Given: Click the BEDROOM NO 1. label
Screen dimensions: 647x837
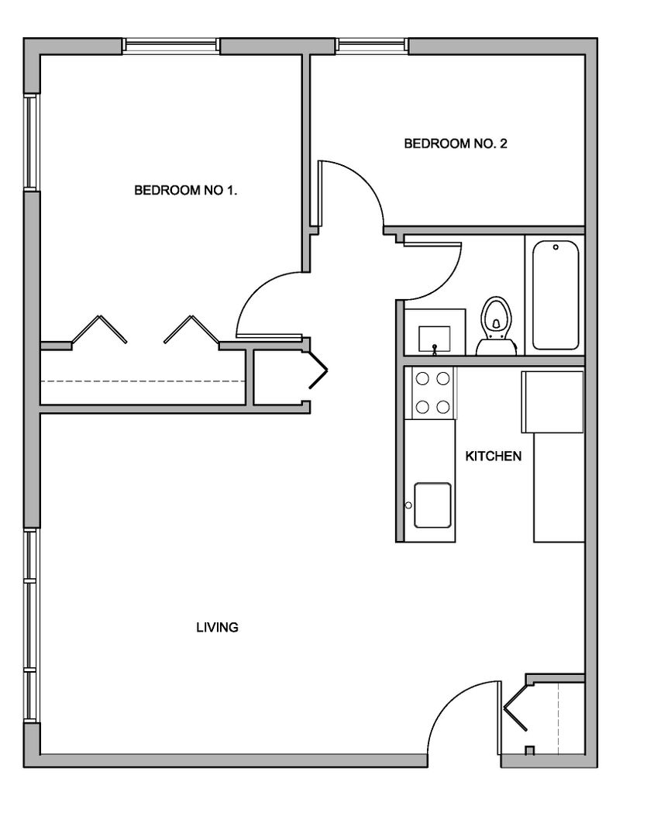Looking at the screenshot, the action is coord(185,190).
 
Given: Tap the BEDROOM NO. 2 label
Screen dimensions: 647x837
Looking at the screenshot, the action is coord(456,143).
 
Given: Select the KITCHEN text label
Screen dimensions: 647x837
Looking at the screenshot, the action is coord(494,456).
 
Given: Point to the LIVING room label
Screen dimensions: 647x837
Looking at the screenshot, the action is coord(217,627).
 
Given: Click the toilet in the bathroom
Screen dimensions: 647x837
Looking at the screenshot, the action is coord(497,327).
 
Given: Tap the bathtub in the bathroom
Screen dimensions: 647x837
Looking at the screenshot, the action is coord(556,294).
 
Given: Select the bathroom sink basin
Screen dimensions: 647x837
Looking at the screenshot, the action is coord(435,339).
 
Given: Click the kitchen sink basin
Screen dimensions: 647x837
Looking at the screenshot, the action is coord(432,505).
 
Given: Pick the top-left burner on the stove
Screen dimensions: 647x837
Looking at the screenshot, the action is coord(422,379).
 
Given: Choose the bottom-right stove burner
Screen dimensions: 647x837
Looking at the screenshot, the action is coord(443,408).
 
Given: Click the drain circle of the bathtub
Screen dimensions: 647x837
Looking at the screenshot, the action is coord(556,247).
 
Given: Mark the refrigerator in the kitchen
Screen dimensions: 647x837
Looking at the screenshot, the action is coord(552,402).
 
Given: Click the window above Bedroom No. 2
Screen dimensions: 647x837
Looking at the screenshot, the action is coord(373,46).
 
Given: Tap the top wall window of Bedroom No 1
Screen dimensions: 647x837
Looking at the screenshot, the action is coord(171,46).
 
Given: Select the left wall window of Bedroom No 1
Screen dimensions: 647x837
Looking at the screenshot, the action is coord(32,142).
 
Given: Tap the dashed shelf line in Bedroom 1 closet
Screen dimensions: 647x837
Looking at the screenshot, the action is coord(143,381).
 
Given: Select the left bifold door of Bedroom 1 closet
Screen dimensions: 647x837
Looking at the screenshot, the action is coord(99,329).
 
